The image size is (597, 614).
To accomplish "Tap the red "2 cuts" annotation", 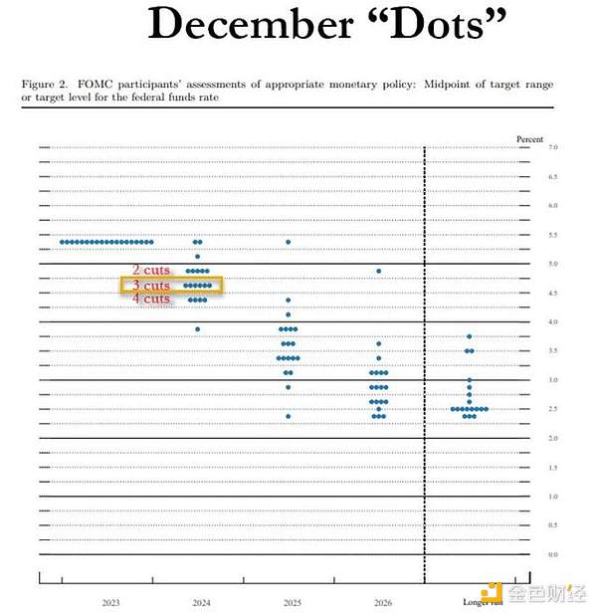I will click(152, 271).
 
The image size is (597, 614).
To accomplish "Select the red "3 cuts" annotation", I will click(152, 286).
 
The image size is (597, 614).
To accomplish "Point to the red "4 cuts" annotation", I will click(152, 299).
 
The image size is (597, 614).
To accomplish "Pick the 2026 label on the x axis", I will click(381, 603).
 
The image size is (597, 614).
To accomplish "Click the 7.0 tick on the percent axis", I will click(552, 147).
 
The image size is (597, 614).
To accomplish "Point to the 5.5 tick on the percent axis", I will click(552, 235).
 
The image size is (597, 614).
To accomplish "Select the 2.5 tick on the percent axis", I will click(552, 409).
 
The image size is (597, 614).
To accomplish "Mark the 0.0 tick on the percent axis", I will click(552, 554).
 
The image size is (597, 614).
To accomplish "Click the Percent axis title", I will click(530, 139).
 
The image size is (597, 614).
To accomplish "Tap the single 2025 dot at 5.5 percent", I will click(289, 242).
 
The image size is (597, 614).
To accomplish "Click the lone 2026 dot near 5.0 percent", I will click(379, 271).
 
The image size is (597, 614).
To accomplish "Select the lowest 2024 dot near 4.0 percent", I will click(197, 329).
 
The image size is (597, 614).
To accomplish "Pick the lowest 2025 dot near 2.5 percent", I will click(289, 416).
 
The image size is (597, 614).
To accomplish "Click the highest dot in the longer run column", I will click(470, 336).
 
